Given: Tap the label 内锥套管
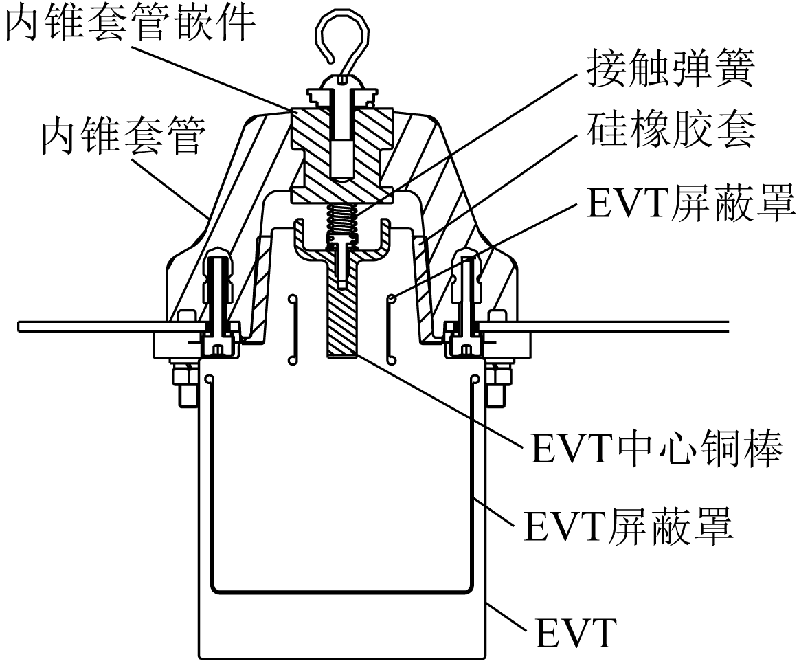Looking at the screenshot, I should (122, 137).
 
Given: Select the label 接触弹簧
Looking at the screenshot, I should (669, 69).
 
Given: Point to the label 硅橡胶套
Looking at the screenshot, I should (669, 131).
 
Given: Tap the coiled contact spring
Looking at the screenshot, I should (342, 221).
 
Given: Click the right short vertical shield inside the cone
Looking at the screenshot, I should (390, 328).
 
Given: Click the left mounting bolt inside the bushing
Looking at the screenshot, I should (218, 302).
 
